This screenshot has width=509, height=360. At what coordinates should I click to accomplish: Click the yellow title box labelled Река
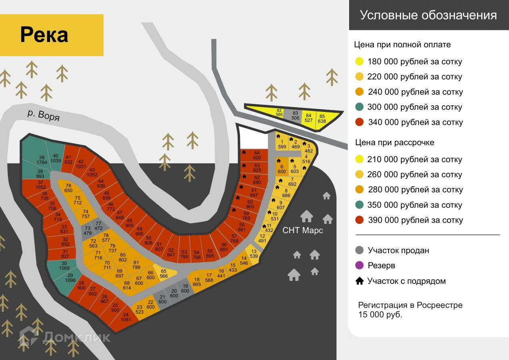click(52, 35)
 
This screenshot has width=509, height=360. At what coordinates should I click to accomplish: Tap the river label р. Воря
click(44, 115)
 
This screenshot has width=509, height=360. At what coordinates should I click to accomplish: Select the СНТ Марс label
click(303, 230)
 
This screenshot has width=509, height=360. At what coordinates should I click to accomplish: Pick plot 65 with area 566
click(164, 274)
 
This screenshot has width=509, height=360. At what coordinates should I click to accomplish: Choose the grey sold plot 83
click(295, 116)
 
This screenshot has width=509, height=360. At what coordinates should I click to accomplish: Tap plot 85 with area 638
click(322, 119)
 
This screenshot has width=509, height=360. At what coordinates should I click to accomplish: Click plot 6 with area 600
click(282, 169)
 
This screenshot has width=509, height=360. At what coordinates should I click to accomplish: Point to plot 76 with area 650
click(68, 188)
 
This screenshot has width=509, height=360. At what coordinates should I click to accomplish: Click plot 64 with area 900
click(257, 155)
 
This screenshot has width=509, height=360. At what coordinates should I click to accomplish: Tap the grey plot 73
click(88, 231)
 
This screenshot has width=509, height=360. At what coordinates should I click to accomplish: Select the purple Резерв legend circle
click(359, 265)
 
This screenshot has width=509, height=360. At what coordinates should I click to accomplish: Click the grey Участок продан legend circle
click(359, 250)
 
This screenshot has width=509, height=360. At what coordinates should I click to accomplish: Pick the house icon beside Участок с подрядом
click(359, 281)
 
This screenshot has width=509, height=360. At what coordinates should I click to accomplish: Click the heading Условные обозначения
click(428, 15)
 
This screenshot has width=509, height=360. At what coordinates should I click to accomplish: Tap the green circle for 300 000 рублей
click(359, 107)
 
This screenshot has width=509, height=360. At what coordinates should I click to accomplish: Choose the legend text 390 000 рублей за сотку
click(415, 220)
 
